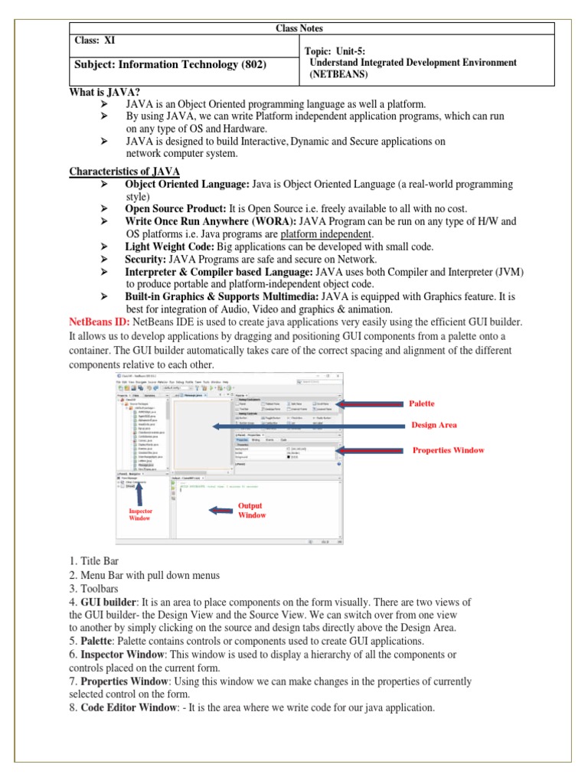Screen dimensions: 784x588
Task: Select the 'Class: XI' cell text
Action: pyautogui.click(x=96, y=41)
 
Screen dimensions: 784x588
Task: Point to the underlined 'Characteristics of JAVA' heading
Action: pyautogui.click(x=125, y=171)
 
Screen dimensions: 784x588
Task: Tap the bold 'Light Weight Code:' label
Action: pyautogui.click(x=170, y=247)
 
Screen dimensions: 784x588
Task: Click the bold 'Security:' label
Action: pyautogui.click(x=145, y=259)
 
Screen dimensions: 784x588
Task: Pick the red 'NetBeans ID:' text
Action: pyautogui.click(x=100, y=322)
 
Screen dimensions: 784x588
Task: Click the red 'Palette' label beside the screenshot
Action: pyautogui.click(x=422, y=403)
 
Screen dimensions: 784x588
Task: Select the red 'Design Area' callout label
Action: pyautogui.click(x=434, y=425)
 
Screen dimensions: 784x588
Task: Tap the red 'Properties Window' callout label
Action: pyautogui.click(x=449, y=450)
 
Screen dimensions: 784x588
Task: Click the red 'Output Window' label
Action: pyautogui.click(x=252, y=511)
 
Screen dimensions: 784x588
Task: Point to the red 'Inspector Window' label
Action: pyautogui.click(x=140, y=514)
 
